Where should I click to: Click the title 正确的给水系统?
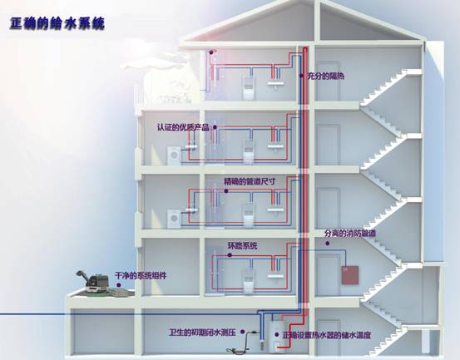(57, 24)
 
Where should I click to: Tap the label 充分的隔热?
(325, 76)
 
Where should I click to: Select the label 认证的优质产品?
(183, 127)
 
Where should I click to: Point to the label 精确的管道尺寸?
(250, 181)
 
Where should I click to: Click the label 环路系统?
(243, 245)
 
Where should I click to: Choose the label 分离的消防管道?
(350, 234)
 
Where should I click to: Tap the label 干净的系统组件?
(141, 275)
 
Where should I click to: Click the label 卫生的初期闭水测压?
(202, 333)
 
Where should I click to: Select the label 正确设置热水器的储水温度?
(327, 335)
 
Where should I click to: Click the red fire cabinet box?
(350, 275)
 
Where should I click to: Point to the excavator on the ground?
(92, 282)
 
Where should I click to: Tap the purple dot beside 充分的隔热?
(301, 76)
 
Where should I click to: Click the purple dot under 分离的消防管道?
(328, 244)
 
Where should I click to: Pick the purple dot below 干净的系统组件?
(118, 284)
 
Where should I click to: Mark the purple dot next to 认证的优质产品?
(215, 127)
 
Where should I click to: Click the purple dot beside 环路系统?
(230, 255)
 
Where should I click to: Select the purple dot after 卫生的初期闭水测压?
(243, 332)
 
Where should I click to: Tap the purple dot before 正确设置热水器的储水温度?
(276, 334)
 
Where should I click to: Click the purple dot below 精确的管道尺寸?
(226, 191)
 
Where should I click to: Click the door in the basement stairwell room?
(329, 336)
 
